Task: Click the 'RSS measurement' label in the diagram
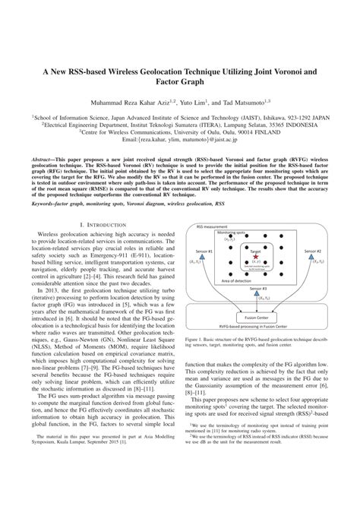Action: pos(213,226)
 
